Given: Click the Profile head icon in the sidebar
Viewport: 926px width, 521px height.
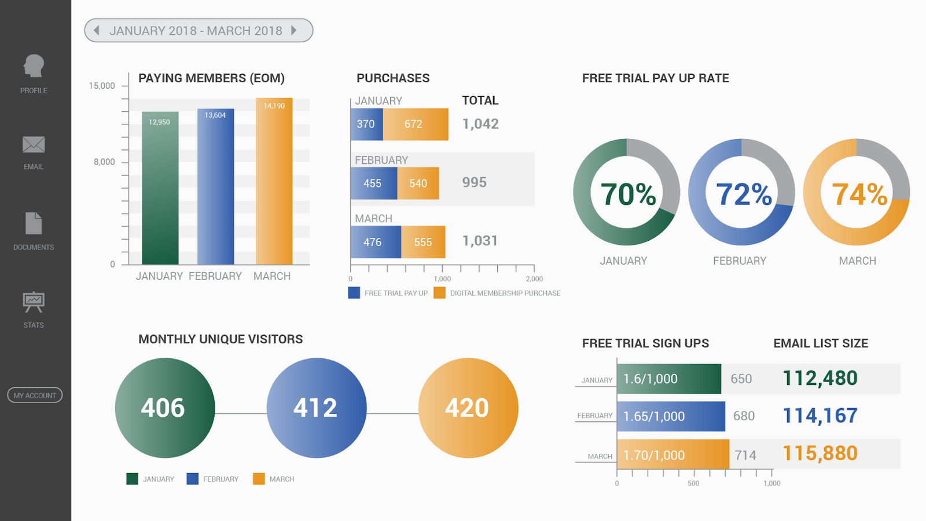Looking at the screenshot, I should click(34, 66).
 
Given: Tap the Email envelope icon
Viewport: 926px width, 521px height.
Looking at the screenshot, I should click(34, 145).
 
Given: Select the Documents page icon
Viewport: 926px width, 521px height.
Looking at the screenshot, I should click(34, 223).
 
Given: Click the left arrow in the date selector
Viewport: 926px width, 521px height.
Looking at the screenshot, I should click(97, 30).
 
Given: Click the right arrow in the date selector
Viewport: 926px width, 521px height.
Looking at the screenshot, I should click(294, 30).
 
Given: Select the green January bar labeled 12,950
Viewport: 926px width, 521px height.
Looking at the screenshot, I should click(160, 188).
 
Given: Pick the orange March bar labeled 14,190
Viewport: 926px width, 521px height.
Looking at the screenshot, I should click(274, 181).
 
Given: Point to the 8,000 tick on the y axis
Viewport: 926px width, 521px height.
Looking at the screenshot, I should click(104, 162).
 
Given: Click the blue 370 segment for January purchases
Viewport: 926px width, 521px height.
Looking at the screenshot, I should click(366, 124).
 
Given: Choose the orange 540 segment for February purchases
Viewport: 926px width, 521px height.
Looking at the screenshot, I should click(418, 184).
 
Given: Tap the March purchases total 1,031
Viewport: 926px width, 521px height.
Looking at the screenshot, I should click(480, 241).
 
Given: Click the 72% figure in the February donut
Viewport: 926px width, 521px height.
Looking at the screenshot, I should click(744, 195).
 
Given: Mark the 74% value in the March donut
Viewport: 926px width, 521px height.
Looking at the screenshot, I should click(859, 195).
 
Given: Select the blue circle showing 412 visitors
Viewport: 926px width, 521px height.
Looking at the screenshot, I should click(316, 408).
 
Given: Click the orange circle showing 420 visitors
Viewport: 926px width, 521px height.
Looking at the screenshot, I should click(468, 408).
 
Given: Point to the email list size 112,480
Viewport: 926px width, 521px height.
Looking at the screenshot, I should click(820, 379).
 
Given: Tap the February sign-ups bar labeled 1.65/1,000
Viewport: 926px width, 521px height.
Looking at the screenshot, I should click(671, 416).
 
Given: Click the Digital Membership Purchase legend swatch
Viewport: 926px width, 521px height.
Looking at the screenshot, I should click(439, 293).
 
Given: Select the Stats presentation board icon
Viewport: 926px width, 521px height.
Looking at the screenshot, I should click(34, 302).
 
